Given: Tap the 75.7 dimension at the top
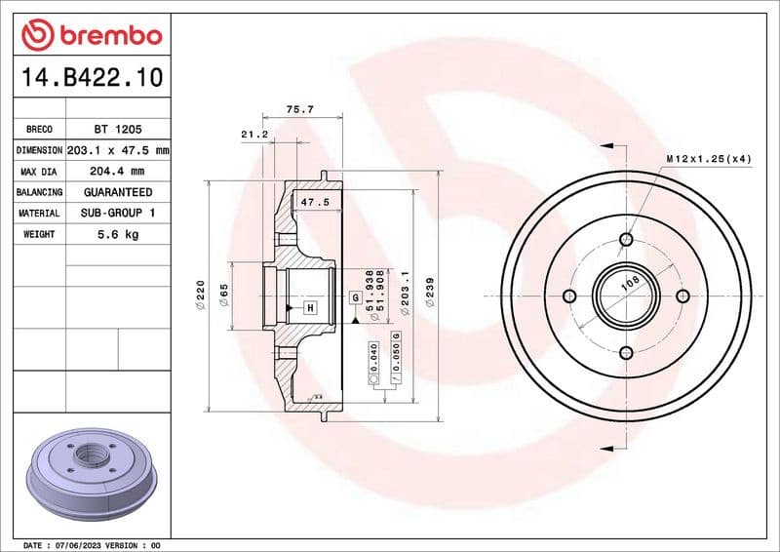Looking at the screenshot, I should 300,109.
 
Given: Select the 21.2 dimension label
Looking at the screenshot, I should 254,134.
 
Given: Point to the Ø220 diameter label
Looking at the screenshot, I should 200,294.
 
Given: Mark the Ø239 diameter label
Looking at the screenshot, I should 430,293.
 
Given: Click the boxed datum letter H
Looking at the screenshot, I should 310,308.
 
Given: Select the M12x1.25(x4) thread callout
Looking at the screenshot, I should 708,158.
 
